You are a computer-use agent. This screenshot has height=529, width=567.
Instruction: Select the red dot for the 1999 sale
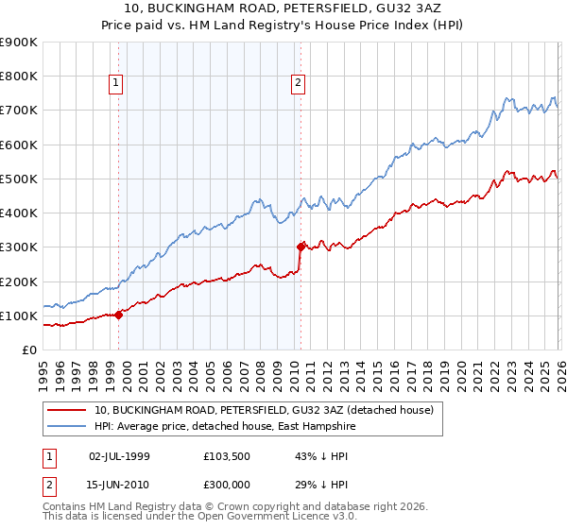point(118,316)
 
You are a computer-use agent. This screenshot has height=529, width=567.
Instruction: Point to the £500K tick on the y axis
point(19,179)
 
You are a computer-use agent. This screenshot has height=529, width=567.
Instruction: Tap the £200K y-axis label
point(19,282)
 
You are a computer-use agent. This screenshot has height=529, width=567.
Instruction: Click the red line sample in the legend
point(67,410)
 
